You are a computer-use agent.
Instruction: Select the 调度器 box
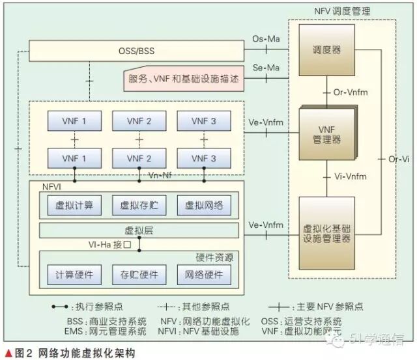click(326, 50)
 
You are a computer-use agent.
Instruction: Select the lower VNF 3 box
click(204, 158)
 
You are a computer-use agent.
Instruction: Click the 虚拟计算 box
click(74, 206)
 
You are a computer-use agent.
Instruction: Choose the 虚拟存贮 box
click(139, 206)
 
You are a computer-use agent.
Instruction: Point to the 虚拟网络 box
click(204, 206)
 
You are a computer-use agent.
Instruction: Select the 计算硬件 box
click(74, 274)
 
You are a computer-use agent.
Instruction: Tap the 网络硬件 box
click(204, 274)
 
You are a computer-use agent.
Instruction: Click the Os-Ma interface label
click(266, 40)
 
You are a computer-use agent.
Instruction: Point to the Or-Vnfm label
click(351, 92)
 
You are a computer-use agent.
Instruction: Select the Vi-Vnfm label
click(350, 176)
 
